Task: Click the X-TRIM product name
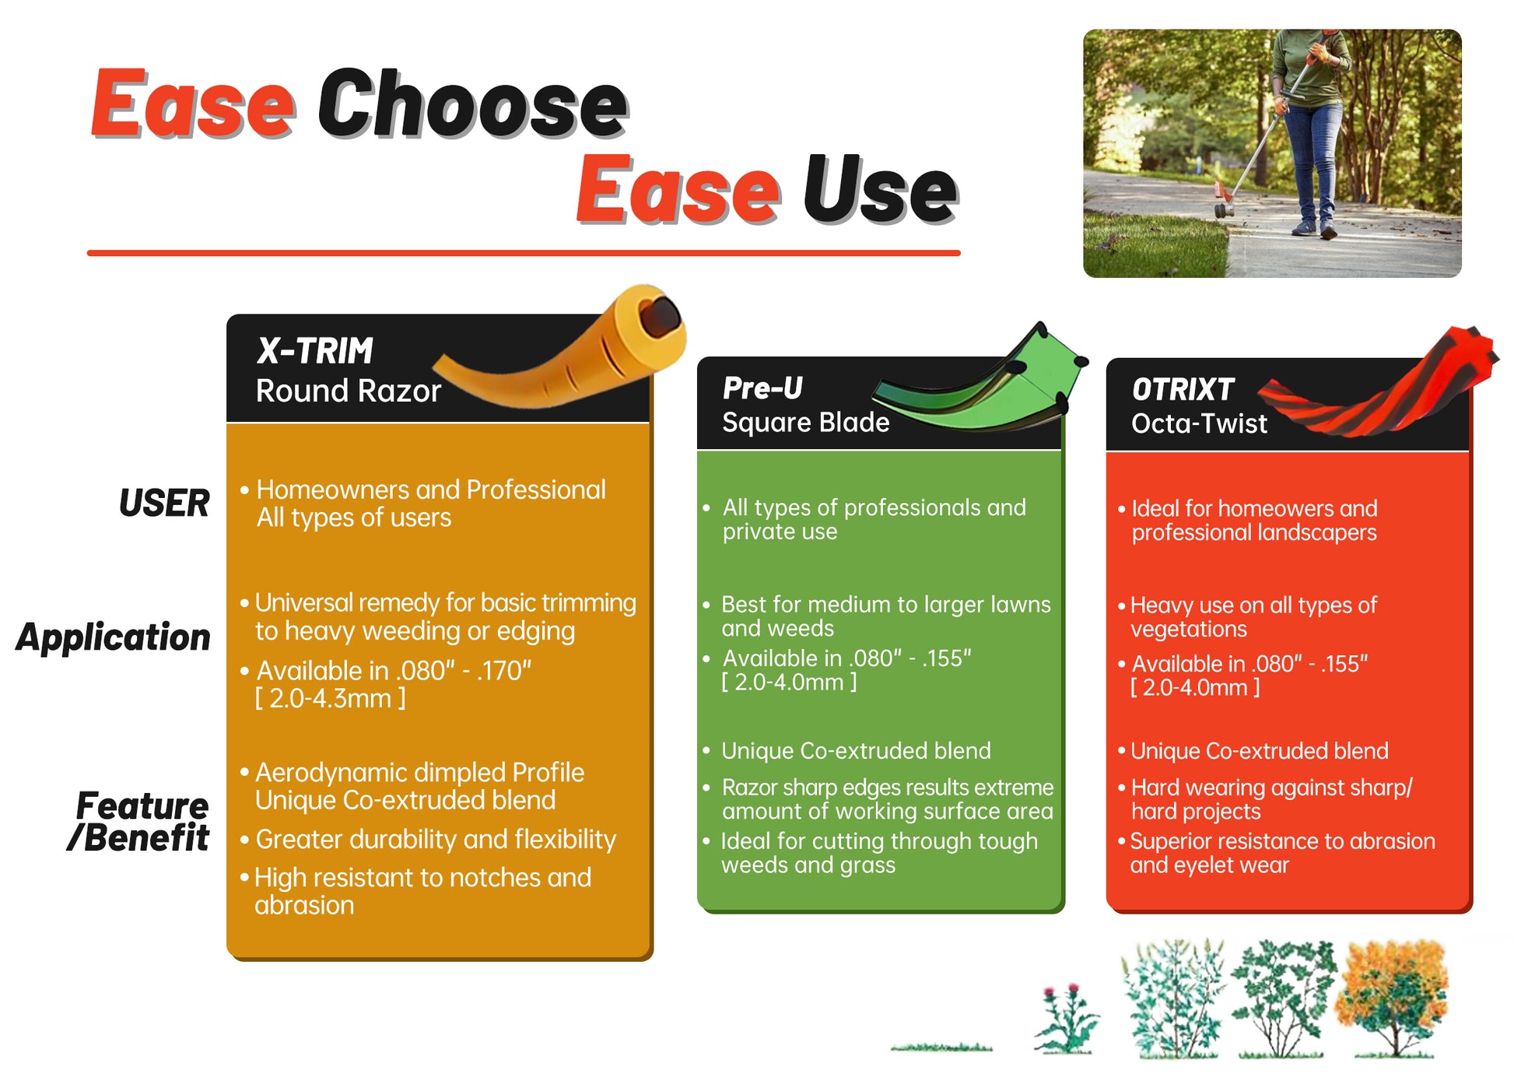(315, 351)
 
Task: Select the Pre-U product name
(762, 388)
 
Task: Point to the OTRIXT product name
(1183, 389)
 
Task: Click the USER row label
(164, 503)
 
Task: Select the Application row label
(114, 637)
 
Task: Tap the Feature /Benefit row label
(138, 822)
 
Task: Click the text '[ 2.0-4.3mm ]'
(331, 699)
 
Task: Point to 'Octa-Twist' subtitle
(1199, 423)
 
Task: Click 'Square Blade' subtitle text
(805, 422)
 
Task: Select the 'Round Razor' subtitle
(349, 391)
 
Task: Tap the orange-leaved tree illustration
(1393, 999)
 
